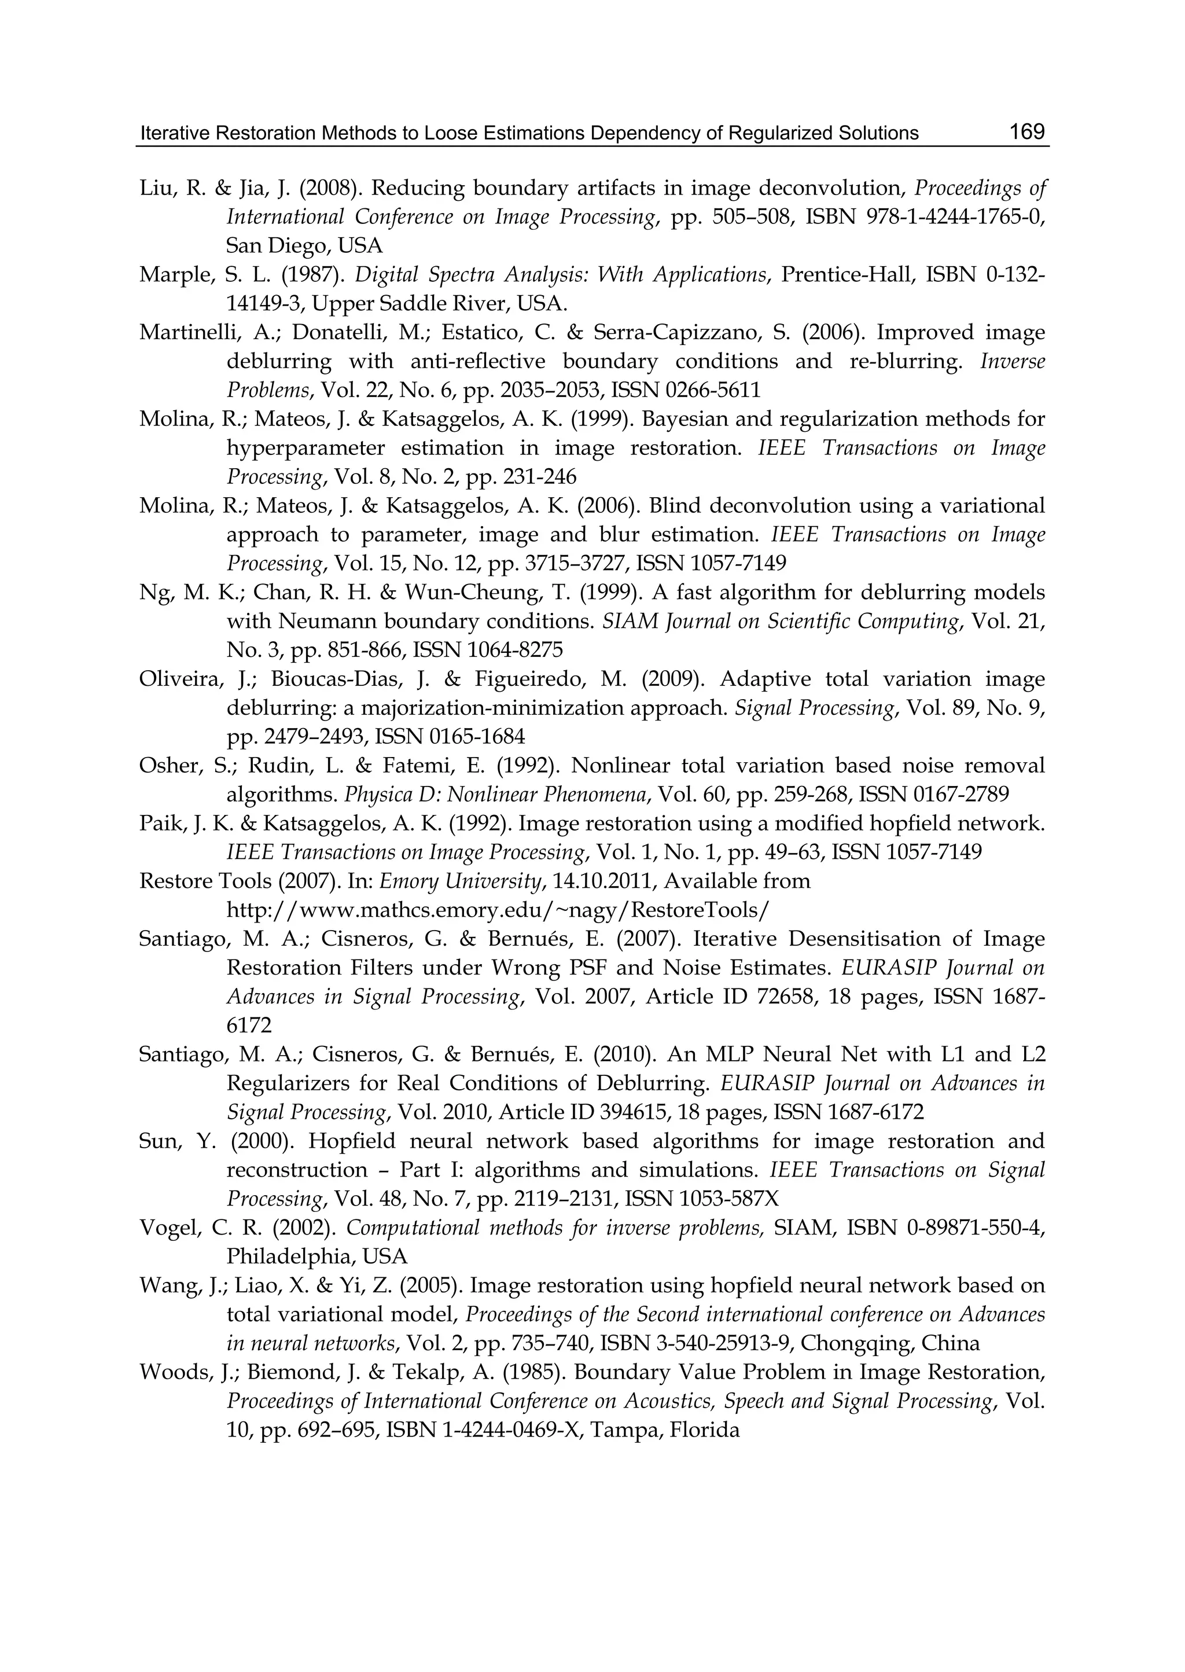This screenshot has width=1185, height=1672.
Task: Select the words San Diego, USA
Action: (304, 246)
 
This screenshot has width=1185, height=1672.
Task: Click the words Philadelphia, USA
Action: (317, 1256)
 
